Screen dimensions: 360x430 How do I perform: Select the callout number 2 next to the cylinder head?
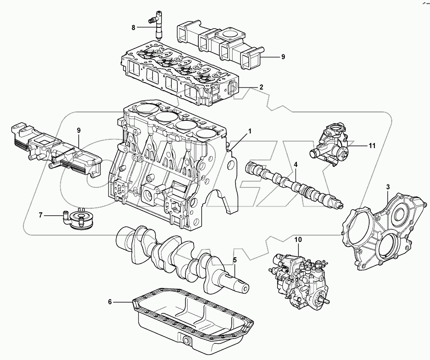click(261, 87)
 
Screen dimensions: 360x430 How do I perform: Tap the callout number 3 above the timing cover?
click(388, 187)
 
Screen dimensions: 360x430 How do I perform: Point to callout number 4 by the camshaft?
click(296, 164)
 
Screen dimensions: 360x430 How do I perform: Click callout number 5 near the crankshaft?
click(235, 259)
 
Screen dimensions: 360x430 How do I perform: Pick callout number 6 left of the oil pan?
click(110, 302)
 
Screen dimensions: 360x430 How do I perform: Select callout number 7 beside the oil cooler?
click(41, 215)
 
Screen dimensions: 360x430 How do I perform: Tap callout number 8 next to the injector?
click(133, 27)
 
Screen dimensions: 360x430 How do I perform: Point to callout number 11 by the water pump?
click(372, 146)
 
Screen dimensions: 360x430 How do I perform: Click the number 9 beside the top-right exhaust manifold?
click(282, 56)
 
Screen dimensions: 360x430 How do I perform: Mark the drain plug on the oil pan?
click(187, 340)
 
